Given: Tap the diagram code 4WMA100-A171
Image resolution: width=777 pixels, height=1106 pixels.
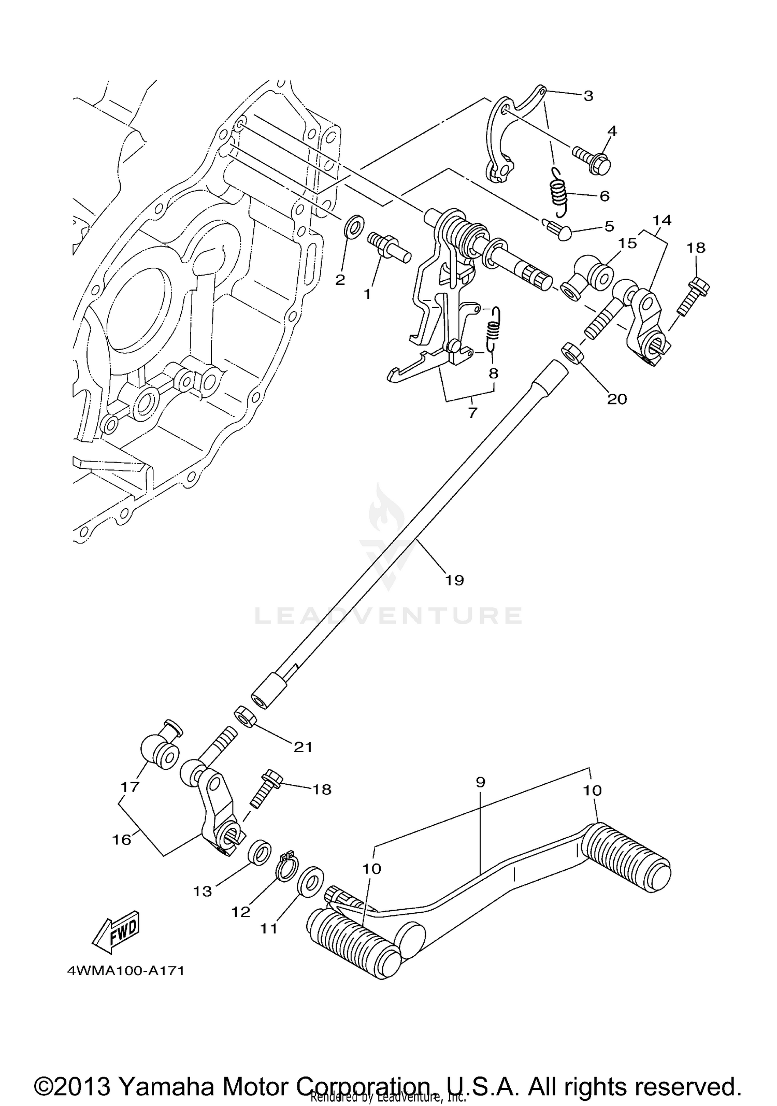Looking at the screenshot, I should (125, 970).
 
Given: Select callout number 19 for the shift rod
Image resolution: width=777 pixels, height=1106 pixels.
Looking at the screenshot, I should (454, 580).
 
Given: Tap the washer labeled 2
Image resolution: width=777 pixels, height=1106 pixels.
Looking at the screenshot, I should (354, 226).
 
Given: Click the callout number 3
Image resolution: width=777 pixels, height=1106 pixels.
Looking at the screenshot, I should (587, 96).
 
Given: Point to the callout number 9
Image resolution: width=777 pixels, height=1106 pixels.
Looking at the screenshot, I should (480, 782).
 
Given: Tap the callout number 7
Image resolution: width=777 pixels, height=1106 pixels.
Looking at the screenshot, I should (472, 413).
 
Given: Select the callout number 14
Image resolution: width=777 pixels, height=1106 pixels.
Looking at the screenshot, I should (662, 220).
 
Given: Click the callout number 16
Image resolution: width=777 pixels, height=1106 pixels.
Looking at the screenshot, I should (122, 839).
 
